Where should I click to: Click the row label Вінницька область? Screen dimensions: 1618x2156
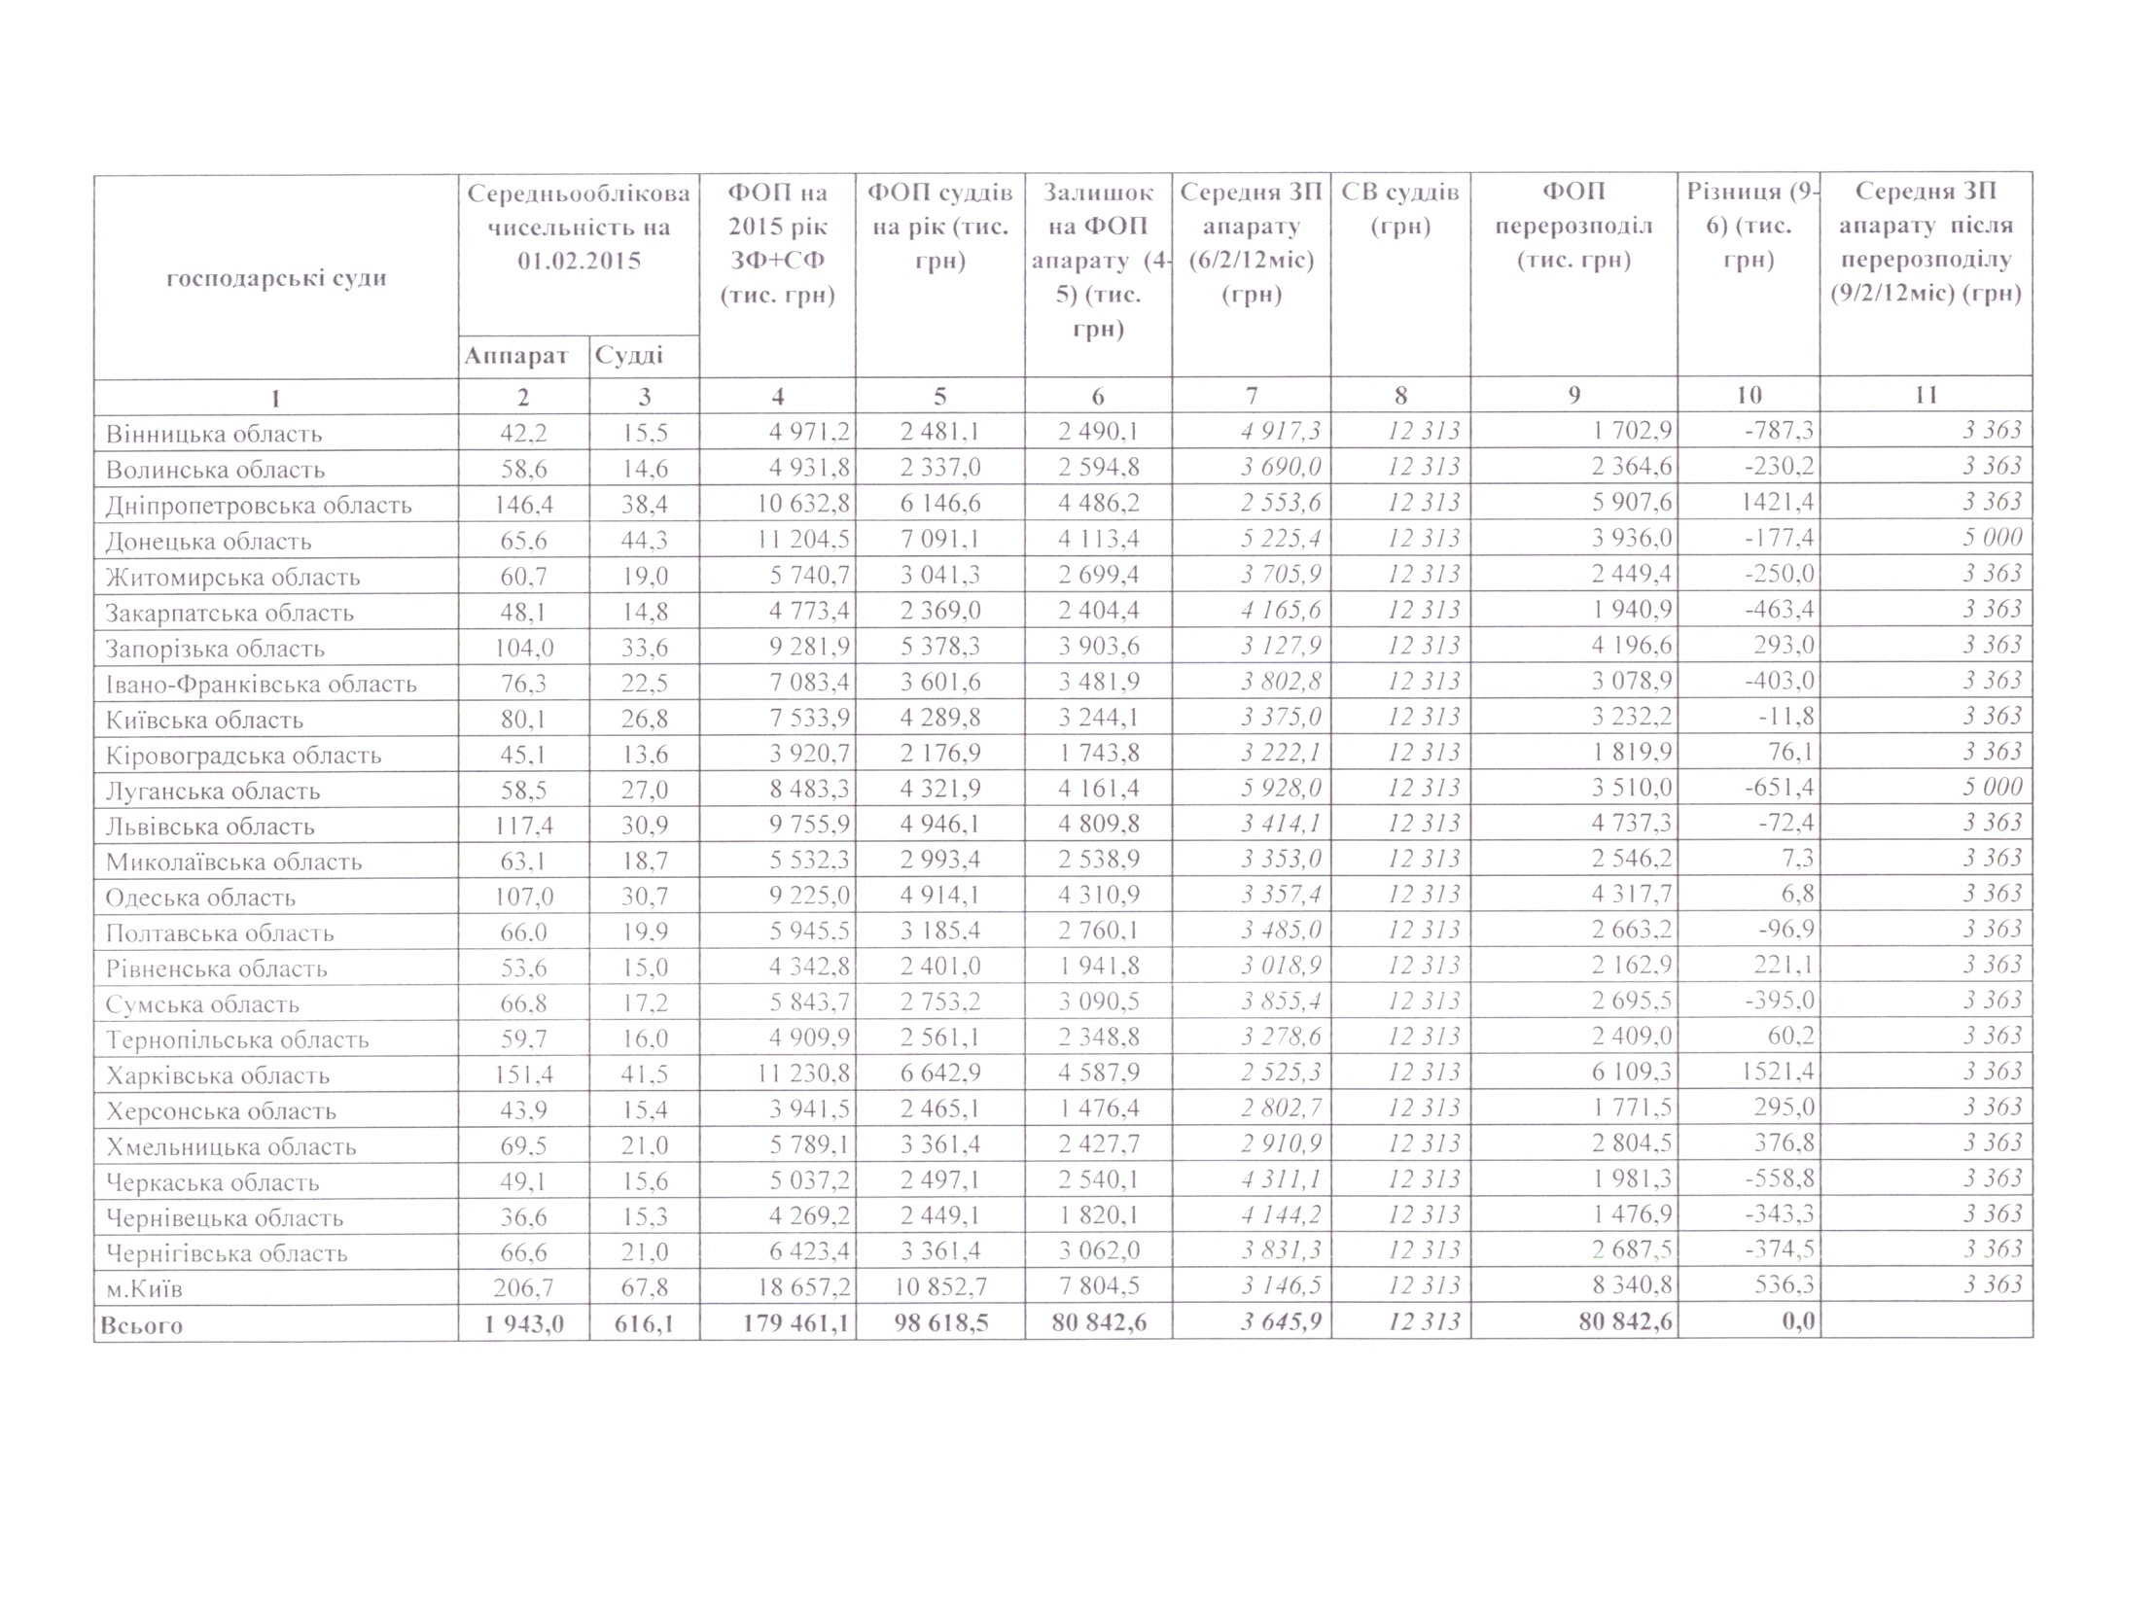coord(213,434)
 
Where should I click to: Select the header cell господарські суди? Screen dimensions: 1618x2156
coord(276,278)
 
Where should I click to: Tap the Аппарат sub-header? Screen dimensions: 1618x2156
coord(515,356)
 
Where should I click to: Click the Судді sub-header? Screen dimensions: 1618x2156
coord(628,356)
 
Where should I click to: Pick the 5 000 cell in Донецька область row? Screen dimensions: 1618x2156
coord(1993,537)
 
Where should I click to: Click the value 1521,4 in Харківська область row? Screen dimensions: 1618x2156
coord(1779,1073)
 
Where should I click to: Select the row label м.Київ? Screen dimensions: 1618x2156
coord(144,1288)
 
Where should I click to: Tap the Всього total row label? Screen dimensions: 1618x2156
coord(142,1324)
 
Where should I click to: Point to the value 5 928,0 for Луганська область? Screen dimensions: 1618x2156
coord(1281,788)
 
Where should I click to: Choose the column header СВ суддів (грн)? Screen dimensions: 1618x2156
coord(1399,209)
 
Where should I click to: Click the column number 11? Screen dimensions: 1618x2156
coord(1925,395)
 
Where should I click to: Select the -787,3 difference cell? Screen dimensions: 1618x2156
coord(1779,431)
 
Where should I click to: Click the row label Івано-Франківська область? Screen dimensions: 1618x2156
coord(262,684)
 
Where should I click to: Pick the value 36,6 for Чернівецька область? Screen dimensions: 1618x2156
coord(523,1216)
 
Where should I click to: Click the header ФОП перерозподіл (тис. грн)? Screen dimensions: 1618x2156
coord(1573,227)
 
